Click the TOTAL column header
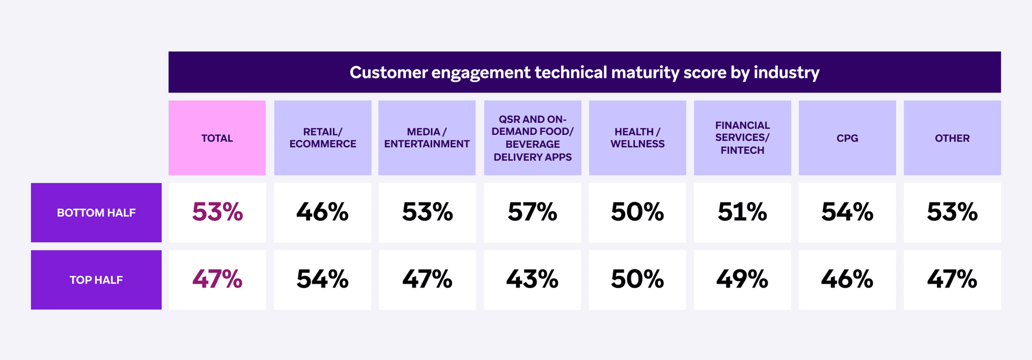217,138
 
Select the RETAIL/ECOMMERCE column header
322,138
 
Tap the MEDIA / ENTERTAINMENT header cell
427,138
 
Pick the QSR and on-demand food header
532,138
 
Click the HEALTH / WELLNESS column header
637,138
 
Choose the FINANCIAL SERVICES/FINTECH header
742,138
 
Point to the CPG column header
847,138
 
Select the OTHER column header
952,138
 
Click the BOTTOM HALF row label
96,213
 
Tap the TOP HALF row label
96,280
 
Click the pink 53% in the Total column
217,212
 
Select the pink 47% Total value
217,279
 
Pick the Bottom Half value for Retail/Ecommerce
322,212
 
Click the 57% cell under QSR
532,212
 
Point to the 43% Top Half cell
532,279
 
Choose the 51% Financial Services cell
742,212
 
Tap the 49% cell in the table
742,279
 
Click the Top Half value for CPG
847,279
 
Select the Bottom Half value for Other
952,212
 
